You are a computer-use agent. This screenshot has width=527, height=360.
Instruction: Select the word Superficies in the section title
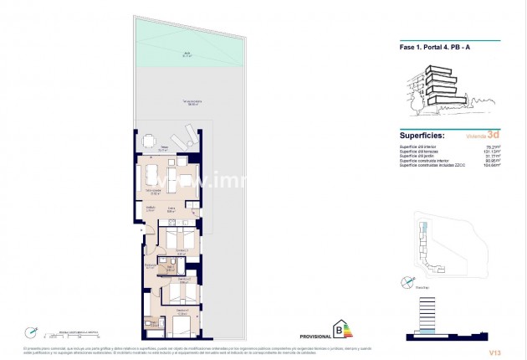pos(422,135)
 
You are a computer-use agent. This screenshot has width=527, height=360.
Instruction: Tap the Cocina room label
pos(170,211)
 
